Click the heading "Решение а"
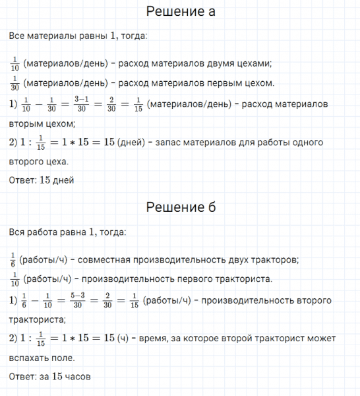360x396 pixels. click(x=179, y=12)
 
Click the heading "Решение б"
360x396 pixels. click(x=179, y=208)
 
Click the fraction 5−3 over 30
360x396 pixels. click(x=82, y=300)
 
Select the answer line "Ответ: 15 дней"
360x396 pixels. click(x=42, y=180)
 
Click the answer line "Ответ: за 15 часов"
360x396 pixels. click(x=49, y=377)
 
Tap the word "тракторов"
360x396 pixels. click(x=276, y=258)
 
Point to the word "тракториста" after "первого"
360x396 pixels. click(x=241, y=279)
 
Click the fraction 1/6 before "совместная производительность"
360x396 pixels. click(x=13, y=258)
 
